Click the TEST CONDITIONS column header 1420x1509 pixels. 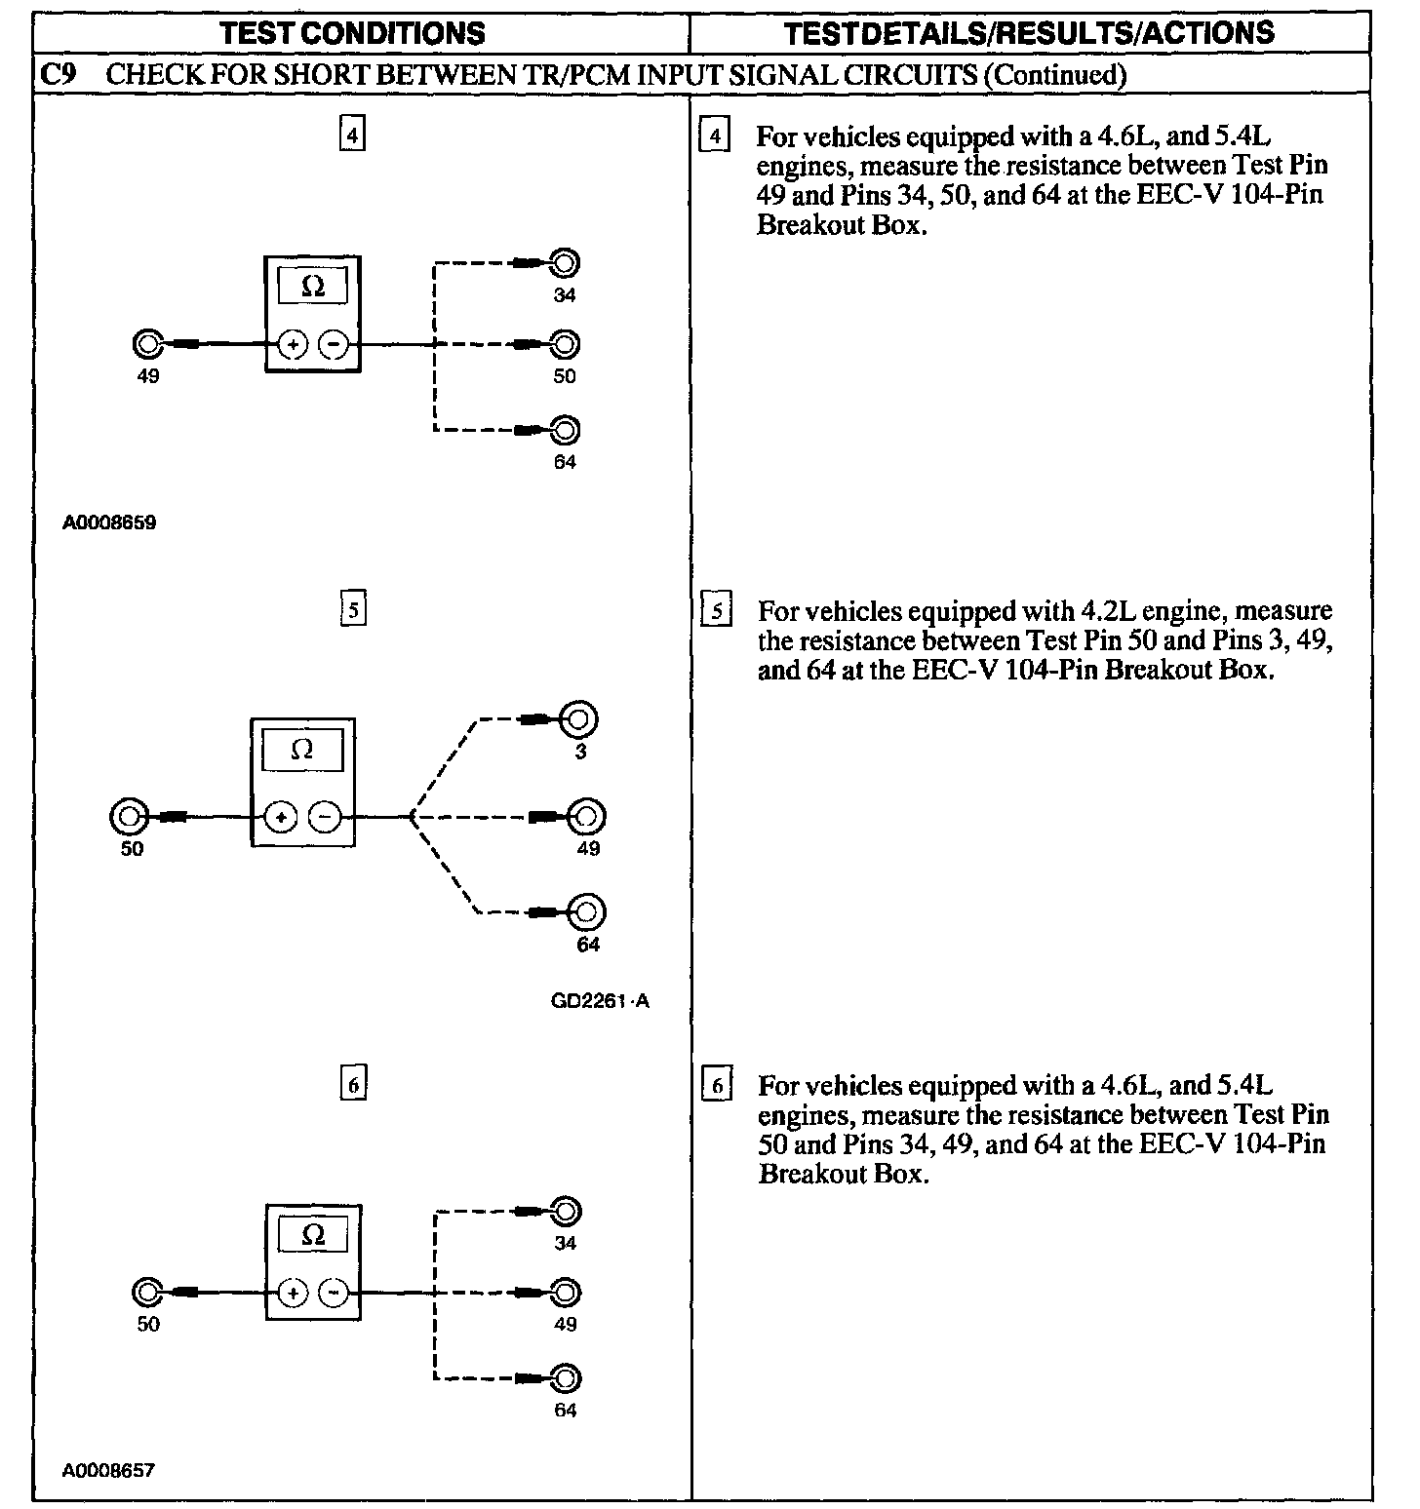[x=352, y=33]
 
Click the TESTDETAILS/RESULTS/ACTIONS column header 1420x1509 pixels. [x=1030, y=33]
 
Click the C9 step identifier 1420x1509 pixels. [x=59, y=75]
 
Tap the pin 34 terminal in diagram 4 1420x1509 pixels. [x=565, y=263]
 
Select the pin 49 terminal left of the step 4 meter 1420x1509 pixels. [x=147, y=344]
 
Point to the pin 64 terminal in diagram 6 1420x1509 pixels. [x=565, y=1378]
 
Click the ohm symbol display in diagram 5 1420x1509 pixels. [x=302, y=750]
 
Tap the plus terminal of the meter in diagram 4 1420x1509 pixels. [x=293, y=344]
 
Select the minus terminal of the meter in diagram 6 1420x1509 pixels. [x=335, y=1293]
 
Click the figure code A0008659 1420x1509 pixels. [x=109, y=522]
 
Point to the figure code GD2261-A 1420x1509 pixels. [x=600, y=1001]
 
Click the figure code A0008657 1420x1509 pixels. [x=108, y=1470]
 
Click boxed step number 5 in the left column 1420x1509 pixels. [x=353, y=610]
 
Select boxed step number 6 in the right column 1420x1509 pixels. [x=717, y=1085]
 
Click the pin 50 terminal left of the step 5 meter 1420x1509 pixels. [x=130, y=817]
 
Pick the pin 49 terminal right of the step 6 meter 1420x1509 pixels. [x=565, y=1293]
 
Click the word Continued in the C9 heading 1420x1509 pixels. [x=1054, y=75]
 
